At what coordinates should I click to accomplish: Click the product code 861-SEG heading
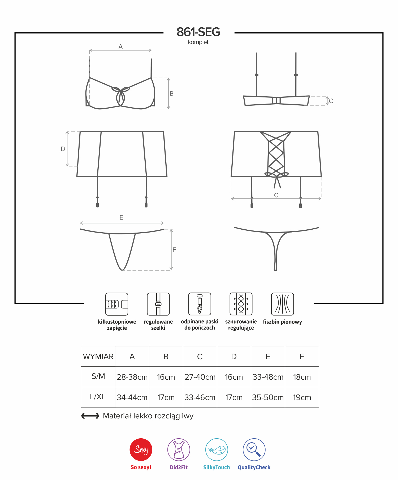coord(198,32)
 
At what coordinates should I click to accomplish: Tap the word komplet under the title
coord(198,42)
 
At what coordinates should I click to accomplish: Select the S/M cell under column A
coord(132,377)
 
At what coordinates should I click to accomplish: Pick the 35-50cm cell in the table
coord(268,397)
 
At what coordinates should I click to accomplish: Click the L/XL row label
coord(98,397)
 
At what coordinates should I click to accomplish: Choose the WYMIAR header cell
coord(98,357)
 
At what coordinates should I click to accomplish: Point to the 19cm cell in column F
coord(302,397)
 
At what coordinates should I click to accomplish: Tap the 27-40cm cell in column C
coord(200,377)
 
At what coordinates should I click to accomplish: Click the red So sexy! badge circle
coord(141,449)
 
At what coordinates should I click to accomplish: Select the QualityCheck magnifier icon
coord(254,449)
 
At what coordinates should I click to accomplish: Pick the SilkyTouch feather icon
coord(217,449)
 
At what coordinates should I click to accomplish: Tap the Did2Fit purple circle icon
coord(179,449)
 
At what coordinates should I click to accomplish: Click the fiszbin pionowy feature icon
coord(282,304)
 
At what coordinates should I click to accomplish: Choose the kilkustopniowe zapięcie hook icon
coord(117,304)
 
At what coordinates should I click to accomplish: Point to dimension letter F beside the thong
coord(174,250)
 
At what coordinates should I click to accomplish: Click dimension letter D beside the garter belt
coord(63,149)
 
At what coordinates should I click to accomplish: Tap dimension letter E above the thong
coord(121,217)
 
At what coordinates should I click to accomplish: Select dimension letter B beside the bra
coord(172,93)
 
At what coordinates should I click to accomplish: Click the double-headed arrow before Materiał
coord(90,416)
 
